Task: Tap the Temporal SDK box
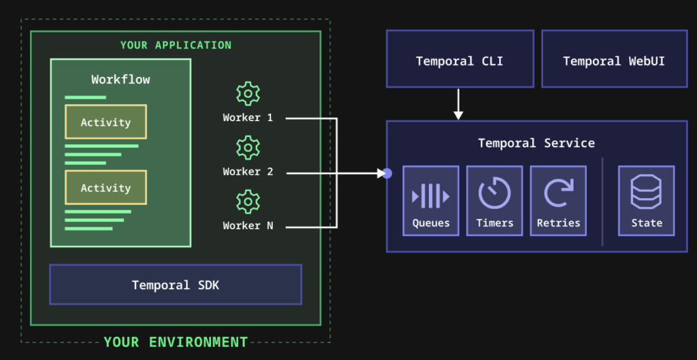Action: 176,284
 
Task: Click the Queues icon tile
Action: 431,200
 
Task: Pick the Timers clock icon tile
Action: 494,200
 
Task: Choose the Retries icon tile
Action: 558,200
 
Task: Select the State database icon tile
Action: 646,200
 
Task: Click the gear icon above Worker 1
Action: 248,93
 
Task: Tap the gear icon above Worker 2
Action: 248,148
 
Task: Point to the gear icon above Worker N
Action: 248,202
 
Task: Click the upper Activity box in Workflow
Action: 106,122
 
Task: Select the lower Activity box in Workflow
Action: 106,187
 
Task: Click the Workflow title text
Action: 120,80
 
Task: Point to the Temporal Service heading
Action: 536,143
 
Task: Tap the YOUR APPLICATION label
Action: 176,45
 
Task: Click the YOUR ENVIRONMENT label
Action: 176,342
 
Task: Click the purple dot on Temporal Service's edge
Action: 387,173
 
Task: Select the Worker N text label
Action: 248,225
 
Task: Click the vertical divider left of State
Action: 602,201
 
